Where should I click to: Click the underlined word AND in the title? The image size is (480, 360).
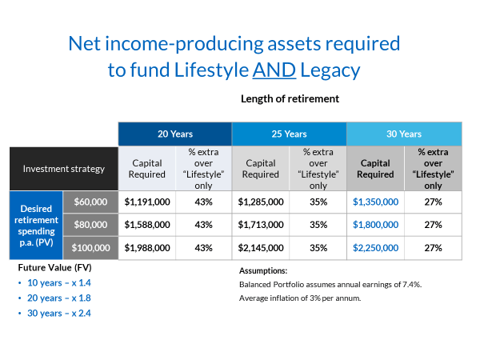[274, 70]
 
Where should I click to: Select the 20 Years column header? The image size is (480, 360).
[175, 134]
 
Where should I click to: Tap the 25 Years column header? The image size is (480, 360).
[289, 134]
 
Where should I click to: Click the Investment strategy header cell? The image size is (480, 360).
[63, 169]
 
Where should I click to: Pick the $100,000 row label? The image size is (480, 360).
[89, 248]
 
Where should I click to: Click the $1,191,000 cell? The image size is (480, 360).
[146, 202]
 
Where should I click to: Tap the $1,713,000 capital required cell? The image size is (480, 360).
[261, 225]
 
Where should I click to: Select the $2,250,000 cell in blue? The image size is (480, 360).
[375, 248]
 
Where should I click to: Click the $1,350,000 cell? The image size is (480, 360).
[375, 202]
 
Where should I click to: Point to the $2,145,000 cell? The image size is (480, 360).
[261, 248]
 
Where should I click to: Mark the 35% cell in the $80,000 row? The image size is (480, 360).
[318, 225]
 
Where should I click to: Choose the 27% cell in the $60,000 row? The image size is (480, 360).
[432, 202]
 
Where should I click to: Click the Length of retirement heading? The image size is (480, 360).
[290, 98]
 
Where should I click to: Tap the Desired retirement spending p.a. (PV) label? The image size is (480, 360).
[36, 225]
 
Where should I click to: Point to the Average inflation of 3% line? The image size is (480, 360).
[299, 298]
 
